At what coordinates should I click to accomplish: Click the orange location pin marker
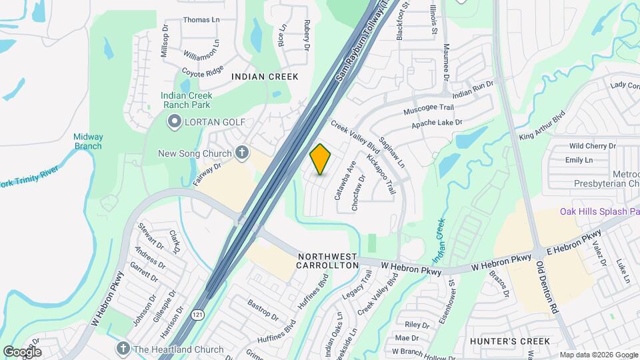click(321, 159)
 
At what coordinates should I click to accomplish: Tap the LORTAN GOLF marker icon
click(175, 121)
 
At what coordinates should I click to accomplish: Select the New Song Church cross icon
click(242, 154)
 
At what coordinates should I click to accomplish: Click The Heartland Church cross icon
click(122, 349)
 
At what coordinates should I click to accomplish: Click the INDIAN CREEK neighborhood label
click(265, 77)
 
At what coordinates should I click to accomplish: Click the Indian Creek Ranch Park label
click(185, 100)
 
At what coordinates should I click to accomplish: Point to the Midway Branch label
click(88, 141)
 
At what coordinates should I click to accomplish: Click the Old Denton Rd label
click(547, 287)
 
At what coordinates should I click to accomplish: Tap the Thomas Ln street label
click(201, 20)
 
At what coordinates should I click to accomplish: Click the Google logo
click(22, 352)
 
